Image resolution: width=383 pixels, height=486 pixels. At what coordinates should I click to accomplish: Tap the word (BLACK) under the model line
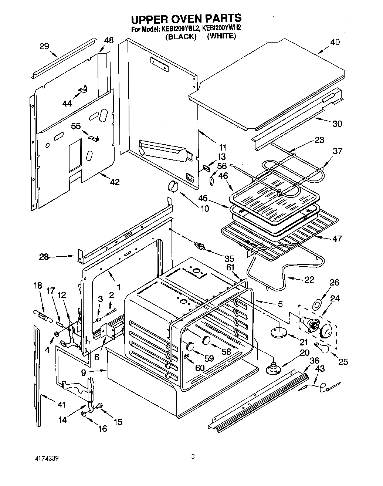tap(180, 36)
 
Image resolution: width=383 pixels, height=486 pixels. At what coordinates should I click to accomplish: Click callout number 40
tap(335, 42)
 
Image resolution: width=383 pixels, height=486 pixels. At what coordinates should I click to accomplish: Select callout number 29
tap(44, 46)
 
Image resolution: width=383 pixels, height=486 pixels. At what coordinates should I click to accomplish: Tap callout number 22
tap(309, 280)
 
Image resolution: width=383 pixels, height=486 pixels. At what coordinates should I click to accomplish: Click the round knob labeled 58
tap(206, 340)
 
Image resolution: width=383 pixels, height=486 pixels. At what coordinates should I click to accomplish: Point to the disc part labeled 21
tap(278, 332)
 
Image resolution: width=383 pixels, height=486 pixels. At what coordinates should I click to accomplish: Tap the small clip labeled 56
tap(211, 180)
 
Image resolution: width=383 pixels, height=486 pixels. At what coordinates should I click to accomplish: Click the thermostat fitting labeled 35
tap(200, 245)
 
